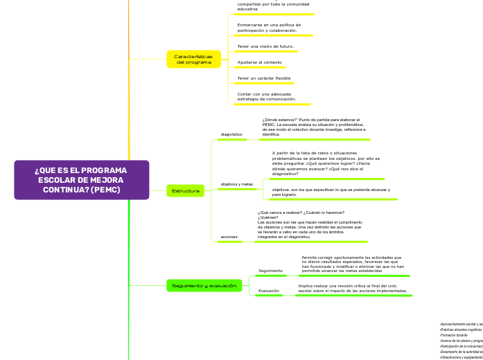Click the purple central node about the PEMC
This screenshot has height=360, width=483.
(x=81, y=180)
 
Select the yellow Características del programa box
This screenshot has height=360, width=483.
(x=193, y=59)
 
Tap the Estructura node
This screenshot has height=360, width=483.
(x=185, y=190)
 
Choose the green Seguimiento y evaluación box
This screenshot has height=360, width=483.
(x=204, y=285)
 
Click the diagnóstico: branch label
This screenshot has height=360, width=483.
(x=231, y=134)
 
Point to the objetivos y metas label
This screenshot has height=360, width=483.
(x=236, y=184)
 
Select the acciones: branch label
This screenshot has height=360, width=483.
(x=229, y=237)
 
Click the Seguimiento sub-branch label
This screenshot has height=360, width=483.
(x=270, y=271)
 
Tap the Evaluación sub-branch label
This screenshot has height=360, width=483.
(x=269, y=291)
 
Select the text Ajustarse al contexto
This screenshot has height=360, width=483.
(x=259, y=62)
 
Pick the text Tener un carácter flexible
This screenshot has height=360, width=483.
(x=263, y=78)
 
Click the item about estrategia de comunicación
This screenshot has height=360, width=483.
(x=266, y=96)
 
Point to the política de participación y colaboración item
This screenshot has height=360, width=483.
(x=267, y=28)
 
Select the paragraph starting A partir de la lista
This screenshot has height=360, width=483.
(x=326, y=164)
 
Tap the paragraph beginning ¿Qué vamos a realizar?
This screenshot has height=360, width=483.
(x=309, y=225)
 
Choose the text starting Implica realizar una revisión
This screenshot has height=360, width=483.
(x=353, y=288)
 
